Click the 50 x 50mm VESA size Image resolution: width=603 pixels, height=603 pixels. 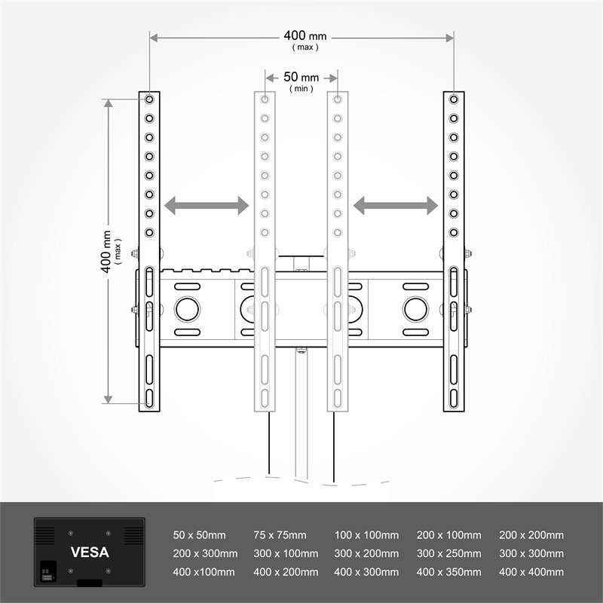point(200,535)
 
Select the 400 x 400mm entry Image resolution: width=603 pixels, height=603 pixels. point(531,572)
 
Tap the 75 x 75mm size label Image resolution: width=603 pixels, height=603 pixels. point(280,535)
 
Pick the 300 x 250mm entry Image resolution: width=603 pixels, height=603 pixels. point(448,553)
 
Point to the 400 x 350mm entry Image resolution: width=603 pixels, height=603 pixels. point(448,572)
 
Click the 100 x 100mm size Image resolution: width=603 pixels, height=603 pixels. point(366,535)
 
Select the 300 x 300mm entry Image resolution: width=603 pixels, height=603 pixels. point(531,553)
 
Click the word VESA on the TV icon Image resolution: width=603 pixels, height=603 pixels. point(90,552)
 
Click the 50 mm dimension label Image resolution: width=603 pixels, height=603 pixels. point(301,78)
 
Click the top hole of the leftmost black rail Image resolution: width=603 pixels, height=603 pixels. point(149,99)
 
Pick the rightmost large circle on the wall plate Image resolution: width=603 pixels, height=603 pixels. point(414,309)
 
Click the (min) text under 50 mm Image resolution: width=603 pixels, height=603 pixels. point(301,89)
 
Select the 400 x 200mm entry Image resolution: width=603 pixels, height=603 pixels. point(286,572)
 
